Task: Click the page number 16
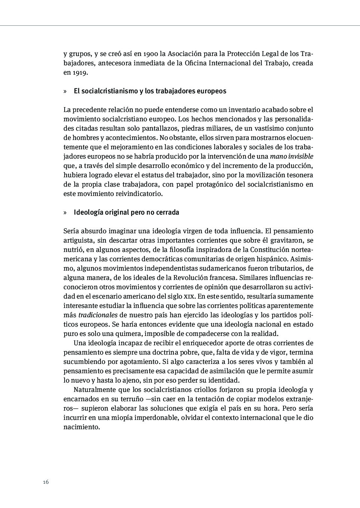(x=46, y=482)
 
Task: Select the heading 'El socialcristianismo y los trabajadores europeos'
(x=150, y=91)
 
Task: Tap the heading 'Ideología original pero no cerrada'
(x=126, y=212)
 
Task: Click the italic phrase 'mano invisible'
(x=291, y=156)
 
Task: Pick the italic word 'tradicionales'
(x=98, y=315)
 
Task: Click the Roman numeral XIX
(x=189, y=297)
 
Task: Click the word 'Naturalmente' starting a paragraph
(x=94, y=390)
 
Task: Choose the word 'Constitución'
(x=270, y=250)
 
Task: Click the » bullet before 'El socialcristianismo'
(x=65, y=91)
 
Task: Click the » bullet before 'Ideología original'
(x=65, y=212)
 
